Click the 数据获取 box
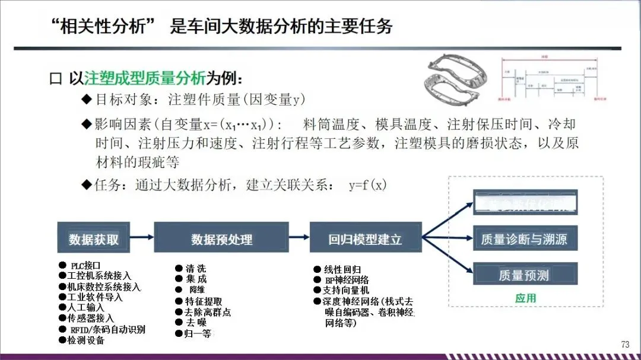click(94, 238)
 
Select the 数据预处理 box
click(221, 238)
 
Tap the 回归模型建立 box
click(366, 238)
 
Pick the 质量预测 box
click(525, 274)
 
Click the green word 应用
click(525, 298)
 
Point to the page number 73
click(625, 345)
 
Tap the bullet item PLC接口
click(85, 265)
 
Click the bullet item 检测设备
click(85, 340)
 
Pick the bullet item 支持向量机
click(347, 290)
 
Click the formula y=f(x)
click(368, 185)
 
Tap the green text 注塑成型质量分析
click(145, 78)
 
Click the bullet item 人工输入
click(85, 307)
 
